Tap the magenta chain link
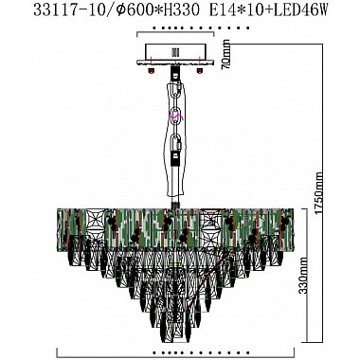click(x=175, y=116)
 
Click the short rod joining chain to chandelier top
click(x=176, y=200)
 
